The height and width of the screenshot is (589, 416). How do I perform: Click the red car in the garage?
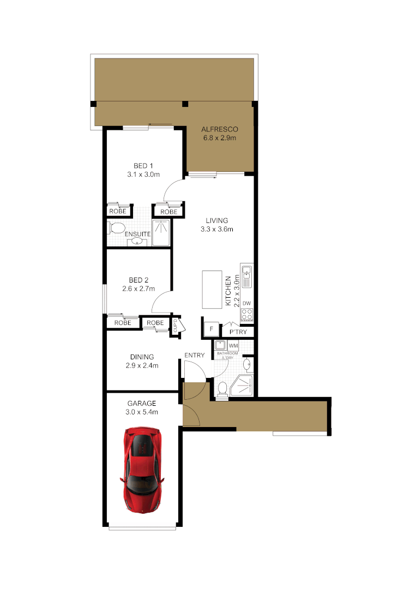(x=143, y=470)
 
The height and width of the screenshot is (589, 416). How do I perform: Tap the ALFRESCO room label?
(x=220, y=129)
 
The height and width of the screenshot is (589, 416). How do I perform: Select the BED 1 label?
(x=143, y=166)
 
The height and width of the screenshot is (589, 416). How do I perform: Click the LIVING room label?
(x=216, y=220)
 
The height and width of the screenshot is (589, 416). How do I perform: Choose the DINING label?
(x=142, y=357)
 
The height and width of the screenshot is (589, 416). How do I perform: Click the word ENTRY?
(x=195, y=356)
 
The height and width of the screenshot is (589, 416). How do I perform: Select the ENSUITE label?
(x=138, y=235)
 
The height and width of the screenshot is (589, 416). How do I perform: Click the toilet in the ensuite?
(x=116, y=227)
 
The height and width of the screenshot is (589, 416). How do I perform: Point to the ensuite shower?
(x=161, y=233)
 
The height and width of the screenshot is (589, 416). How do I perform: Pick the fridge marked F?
(x=210, y=329)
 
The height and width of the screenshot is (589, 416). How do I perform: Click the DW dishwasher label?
(x=246, y=303)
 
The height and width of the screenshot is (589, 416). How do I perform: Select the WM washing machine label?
(x=233, y=346)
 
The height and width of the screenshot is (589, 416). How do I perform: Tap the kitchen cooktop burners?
(x=246, y=314)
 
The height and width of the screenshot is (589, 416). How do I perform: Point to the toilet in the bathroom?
(x=222, y=389)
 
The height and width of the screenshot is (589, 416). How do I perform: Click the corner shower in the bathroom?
(x=243, y=386)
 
